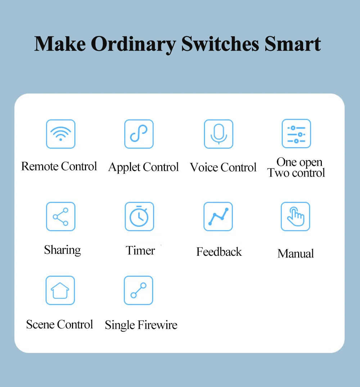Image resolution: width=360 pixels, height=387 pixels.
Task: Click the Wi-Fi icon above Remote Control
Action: click(x=60, y=134)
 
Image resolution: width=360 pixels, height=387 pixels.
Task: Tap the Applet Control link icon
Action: click(x=139, y=134)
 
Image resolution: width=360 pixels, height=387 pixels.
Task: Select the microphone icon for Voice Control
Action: click(x=219, y=134)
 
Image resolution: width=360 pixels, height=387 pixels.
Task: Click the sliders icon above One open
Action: click(x=296, y=133)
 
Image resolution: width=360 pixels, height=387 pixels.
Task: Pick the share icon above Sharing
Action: click(x=60, y=217)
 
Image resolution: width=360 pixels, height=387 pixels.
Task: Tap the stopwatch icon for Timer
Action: click(x=139, y=217)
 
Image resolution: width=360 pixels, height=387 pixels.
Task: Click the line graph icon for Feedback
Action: click(x=218, y=217)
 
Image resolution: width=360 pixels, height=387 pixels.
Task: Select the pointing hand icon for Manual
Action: click(x=295, y=217)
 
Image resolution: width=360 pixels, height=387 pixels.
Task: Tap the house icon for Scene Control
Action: click(x=60, y=290)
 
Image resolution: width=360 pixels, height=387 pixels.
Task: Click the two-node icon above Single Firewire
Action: click(x=138, y=290)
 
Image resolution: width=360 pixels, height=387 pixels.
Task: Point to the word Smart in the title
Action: click(x=293, y=44)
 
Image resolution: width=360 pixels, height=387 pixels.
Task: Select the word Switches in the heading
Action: click(x=220, y=44)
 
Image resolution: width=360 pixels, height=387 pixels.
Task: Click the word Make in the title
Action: click(x=60, y=44)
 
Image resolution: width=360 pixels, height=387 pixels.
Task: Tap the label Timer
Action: click(x=140, y=251)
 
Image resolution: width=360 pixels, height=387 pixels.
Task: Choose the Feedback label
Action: click(x=219, y=252)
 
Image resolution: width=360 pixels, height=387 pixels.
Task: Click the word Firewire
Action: click(x=157, y=325)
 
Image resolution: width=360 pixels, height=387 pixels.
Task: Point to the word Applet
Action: click(x=124, y=168)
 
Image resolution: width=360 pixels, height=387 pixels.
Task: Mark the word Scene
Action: click(x=40, y=324)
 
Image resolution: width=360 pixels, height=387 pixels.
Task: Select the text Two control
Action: click(x=296, y=173)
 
